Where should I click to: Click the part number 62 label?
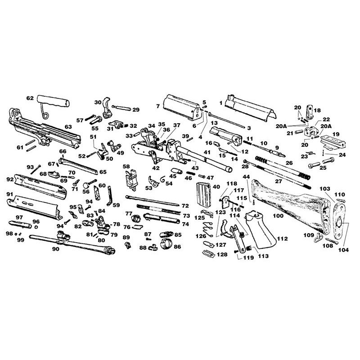point(30,98)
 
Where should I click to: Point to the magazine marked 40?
point(204,195)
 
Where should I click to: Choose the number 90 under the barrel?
point(56,249)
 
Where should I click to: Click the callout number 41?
point(207,152)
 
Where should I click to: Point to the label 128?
point(222,254)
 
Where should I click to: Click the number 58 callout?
point(126,166)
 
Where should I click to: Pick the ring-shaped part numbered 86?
point(166,244)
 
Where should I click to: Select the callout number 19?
point(336,134)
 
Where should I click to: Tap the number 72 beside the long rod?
point(185,206)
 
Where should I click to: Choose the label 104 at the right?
point(343,250)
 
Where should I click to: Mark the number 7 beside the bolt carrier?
point(158,106)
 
